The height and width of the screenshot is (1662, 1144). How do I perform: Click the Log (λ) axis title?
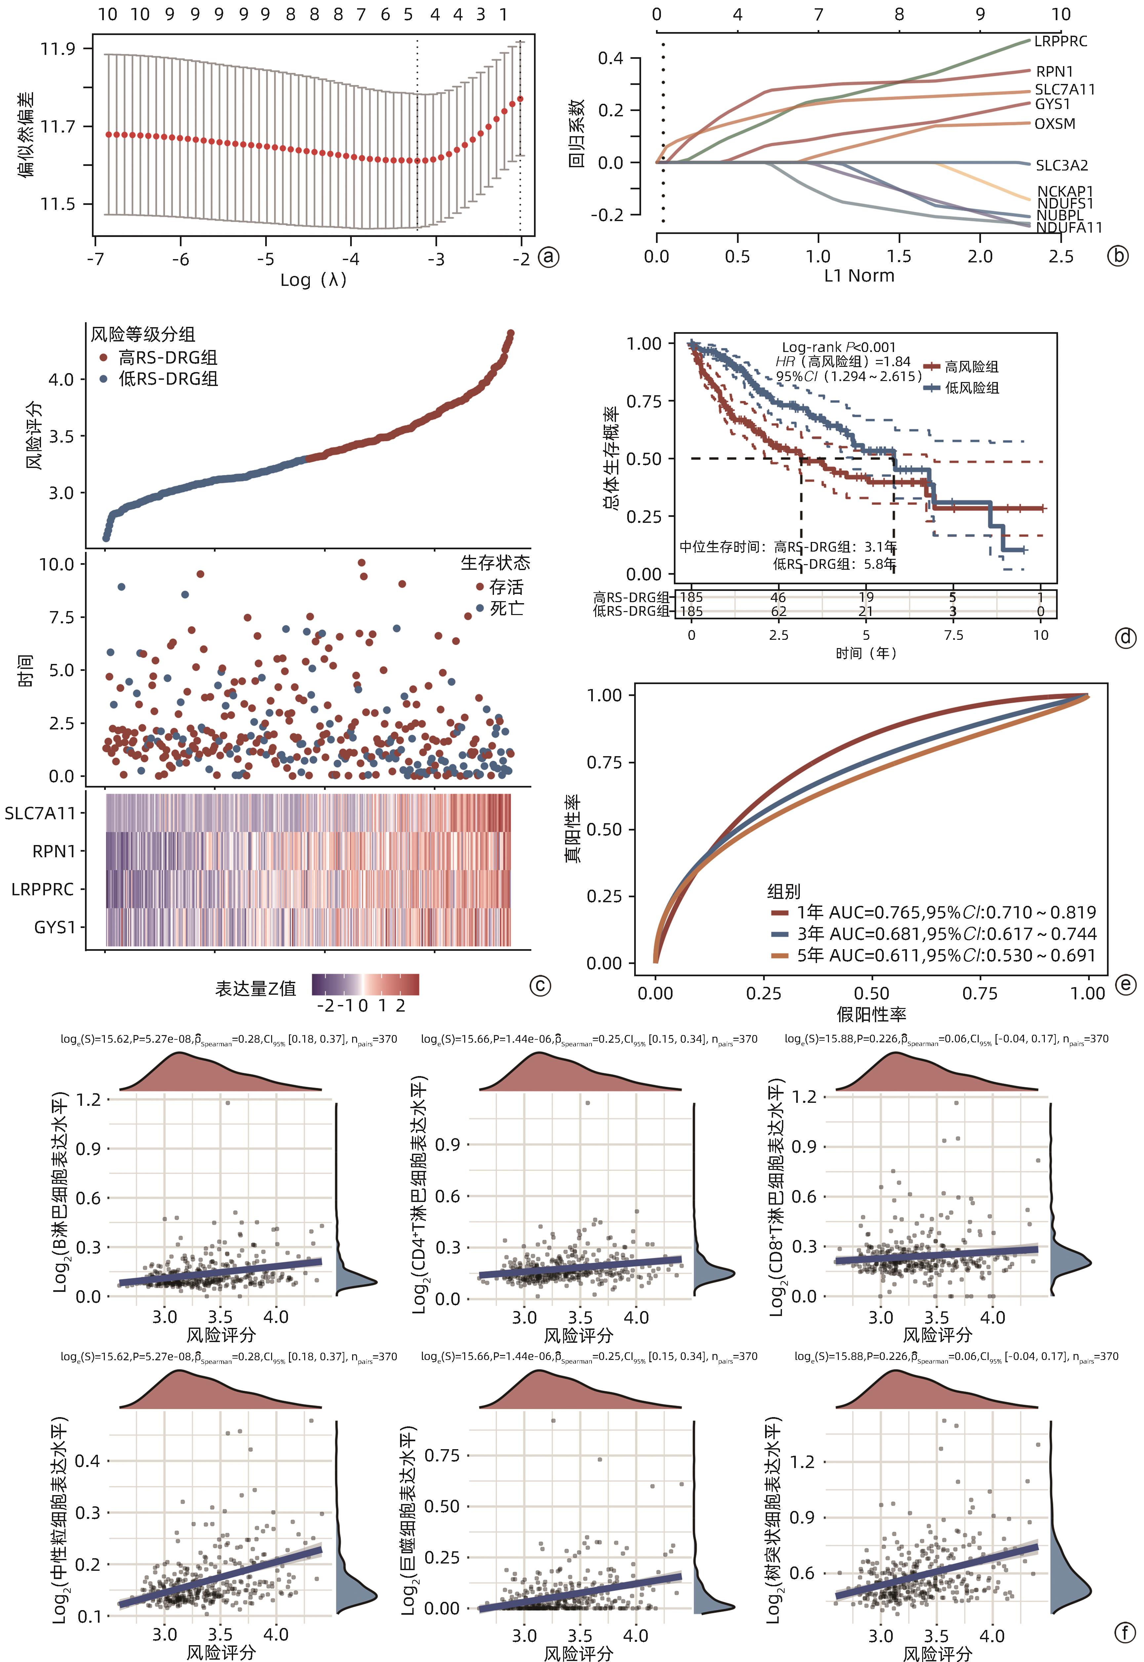click(x=313, y=280)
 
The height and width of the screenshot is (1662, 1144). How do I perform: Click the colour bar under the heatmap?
click(x=366, y=985)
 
